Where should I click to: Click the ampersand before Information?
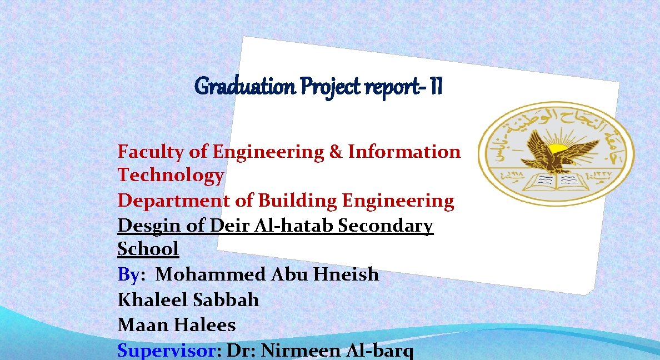click(336, 152)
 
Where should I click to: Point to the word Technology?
click(171, 176)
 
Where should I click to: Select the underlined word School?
click(148, 249)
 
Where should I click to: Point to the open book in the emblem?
click(556, 181)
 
